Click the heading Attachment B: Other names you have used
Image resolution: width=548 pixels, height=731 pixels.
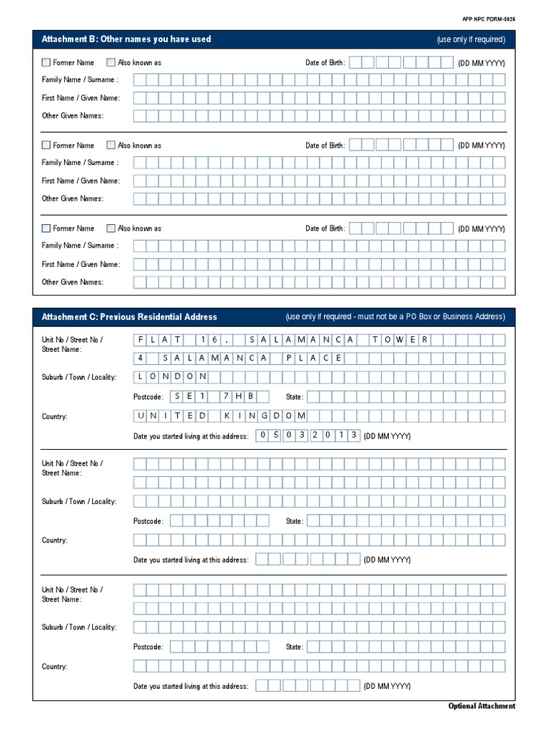(126, 39)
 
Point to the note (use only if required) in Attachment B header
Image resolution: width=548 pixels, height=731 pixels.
(471, 40)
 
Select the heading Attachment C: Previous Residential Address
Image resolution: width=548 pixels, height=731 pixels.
(129, 316)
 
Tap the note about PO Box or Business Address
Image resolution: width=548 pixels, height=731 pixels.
(395, 317)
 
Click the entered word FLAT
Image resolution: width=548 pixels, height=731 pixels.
(158, 339)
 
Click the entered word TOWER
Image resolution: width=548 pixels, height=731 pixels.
(400, 339)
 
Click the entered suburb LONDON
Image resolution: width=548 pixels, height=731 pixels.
(171, 376)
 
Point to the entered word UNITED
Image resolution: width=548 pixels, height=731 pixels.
(171, 415)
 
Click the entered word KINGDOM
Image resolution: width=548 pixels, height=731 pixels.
(263, 415)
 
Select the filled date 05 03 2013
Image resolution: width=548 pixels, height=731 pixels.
(308, 435)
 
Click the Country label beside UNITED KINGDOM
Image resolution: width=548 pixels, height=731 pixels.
(55, 417)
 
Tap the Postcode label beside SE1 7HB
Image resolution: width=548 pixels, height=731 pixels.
(148, 397)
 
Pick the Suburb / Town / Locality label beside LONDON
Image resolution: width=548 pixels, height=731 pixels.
(79, 377)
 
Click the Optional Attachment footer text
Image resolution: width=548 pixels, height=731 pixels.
(482, 706)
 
